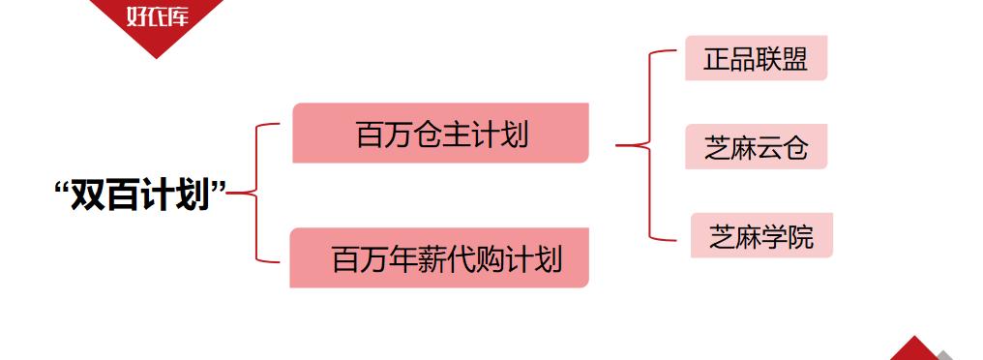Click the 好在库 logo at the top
(156, 17)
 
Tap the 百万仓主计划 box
(441, 133)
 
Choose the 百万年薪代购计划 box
(439, 258)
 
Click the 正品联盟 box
(756, 58)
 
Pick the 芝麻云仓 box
(756, 148)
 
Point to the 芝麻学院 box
(761, 236)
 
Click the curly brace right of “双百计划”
(253, 194)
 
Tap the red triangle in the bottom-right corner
(913, 350)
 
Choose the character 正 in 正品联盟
(717, 58)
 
